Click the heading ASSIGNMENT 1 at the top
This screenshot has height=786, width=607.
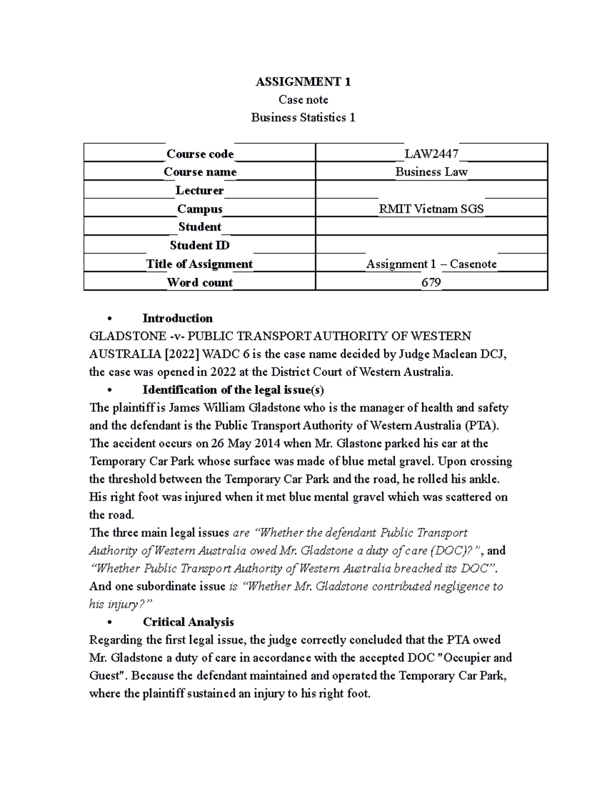tap(303, 81)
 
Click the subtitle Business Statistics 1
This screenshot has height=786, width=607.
tap(303, 117)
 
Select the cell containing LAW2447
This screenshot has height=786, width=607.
tap(431, 153)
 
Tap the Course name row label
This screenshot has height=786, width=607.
tap(200, 172)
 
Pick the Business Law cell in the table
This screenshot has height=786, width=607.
tap(431, 172)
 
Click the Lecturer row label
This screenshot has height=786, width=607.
tap(200, 190)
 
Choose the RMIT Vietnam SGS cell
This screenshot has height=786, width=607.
tap(431, 209)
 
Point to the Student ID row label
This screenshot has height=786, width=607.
tap(200, 245)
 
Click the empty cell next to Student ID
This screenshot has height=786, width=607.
tap(431, 245)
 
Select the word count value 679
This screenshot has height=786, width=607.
tap(431, 282)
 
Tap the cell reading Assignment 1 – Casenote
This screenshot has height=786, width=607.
tap(431, 264)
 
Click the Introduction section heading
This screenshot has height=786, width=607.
tap(178, 318)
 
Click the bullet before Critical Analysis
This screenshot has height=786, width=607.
tap(109, 622)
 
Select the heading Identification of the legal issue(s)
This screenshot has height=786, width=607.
tap(233, 390)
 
